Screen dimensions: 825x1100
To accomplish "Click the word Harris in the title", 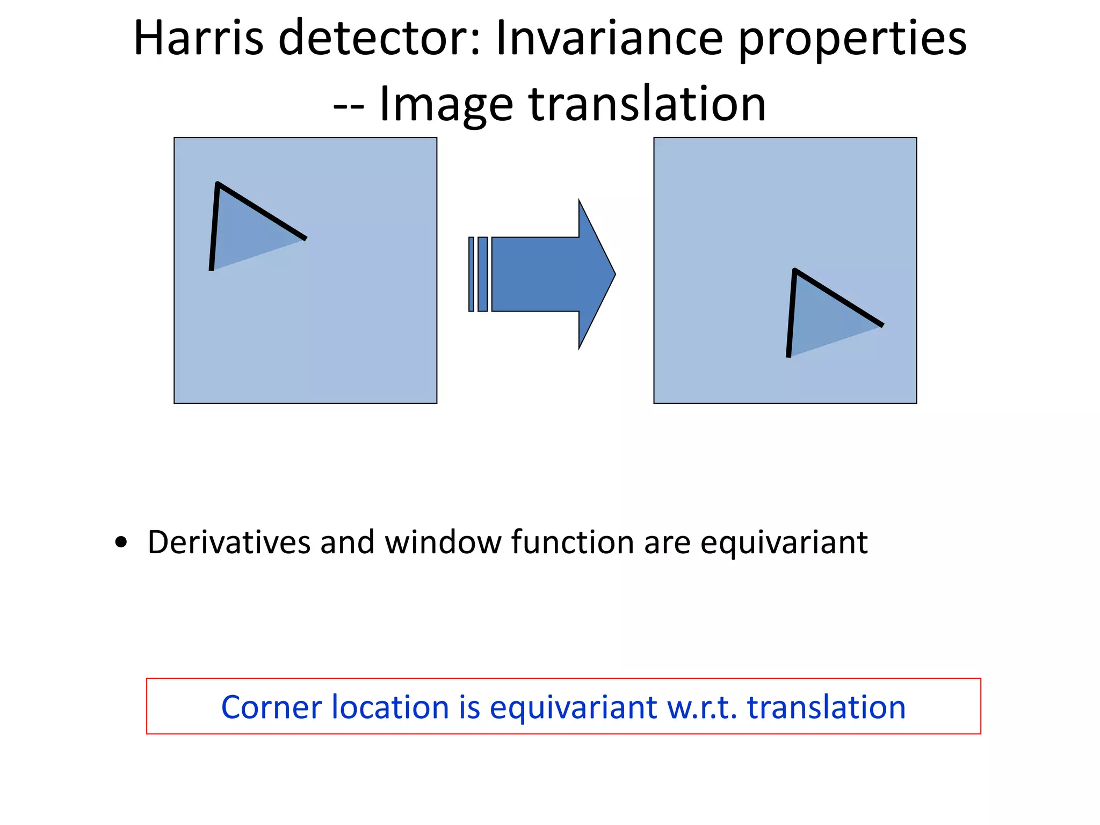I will pos(198,38).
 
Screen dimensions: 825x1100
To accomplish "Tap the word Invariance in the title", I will pos(609,38).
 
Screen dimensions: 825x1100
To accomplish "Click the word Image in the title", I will pos(446,105).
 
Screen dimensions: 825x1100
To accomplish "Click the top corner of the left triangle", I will pos(218,184).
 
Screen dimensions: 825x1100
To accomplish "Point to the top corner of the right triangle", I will pos(795,270).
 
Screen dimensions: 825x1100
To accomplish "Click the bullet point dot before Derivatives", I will pos(121,542).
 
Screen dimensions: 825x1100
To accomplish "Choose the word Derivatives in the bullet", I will pos(229,542).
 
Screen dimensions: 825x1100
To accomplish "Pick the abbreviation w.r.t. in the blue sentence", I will pos(701,707).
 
